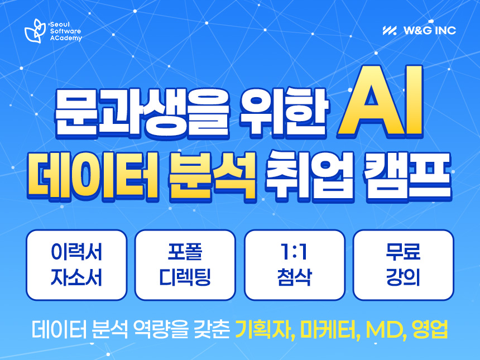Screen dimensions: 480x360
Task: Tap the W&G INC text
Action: click(x=430, y=30)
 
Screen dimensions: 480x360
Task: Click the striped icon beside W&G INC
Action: click(x=390, y=30)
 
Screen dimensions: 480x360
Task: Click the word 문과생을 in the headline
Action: click(x=142, y=112)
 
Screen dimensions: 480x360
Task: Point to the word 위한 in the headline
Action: click(x=284, y=112)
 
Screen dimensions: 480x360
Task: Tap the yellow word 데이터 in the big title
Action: click(x=92, y=175)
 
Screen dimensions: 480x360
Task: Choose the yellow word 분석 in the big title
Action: click(x=212, y=176)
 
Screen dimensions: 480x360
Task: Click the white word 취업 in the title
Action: click(x=310, y=176)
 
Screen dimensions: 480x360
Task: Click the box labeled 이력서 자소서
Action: click(x=76, y=265)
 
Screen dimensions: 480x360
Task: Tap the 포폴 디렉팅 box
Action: click(x=185, y=265)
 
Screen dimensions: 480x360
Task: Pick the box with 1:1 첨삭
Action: click(x=295, y=265)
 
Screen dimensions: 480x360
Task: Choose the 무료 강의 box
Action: click(x=404, y=265)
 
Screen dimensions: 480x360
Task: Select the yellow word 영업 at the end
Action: click(x=430, y=329)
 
